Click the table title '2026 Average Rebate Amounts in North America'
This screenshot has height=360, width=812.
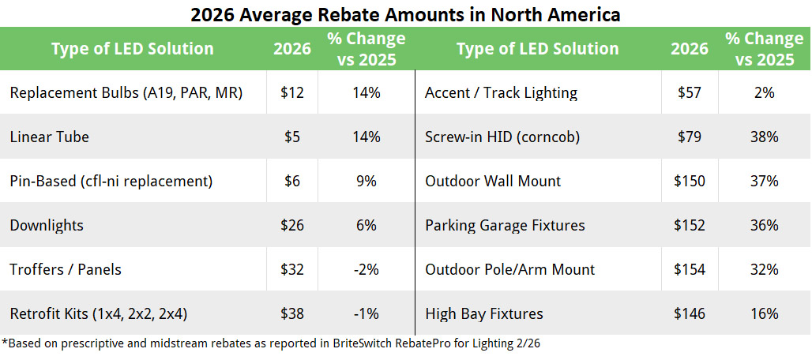click(405, 14)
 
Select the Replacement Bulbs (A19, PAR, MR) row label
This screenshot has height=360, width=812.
click(126, 92)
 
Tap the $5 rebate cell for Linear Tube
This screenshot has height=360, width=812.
click(292, 137)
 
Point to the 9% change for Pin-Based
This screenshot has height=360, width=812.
click(367, 181)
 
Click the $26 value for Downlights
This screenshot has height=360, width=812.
click(292, 225)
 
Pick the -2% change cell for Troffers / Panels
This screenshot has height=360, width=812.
click(367, 269)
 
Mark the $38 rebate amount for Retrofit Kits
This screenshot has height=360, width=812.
click(292, 313)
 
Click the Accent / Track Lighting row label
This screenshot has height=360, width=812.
click(501, 92)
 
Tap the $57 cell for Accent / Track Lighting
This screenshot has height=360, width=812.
click(690, 92)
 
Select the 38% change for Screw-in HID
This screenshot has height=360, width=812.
click(764, 137)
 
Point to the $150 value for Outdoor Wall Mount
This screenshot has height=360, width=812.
click(690, 181)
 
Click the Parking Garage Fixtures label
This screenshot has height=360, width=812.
click(505, 225)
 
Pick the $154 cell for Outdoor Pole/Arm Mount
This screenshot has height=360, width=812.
click(690, 269)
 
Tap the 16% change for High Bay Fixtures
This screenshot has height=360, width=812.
click(764, 313)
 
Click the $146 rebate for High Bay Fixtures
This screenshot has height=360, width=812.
click(690, 313)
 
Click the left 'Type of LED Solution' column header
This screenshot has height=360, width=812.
click(132, 48)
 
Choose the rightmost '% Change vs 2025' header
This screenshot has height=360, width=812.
click(764, 48)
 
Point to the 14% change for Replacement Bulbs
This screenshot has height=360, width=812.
click(367, 92)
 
